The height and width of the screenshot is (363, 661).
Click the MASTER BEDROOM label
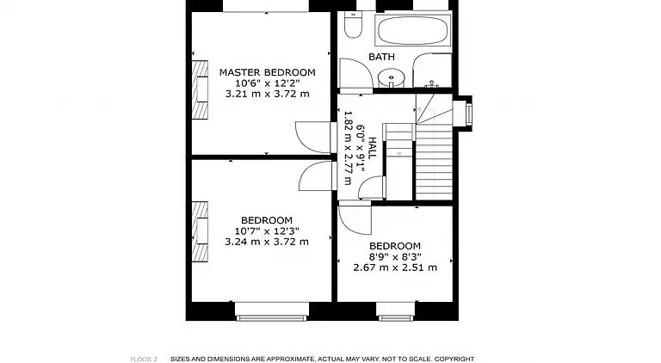(x=267, y=72)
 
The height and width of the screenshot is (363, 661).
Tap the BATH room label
(x=382, y=57)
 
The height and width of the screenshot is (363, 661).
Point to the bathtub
(x=412, y=32)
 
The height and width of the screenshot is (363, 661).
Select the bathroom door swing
(x=355, y=72)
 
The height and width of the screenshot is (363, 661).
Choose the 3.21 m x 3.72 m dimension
(x=267, y=94)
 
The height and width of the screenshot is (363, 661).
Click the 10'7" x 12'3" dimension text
(x=267, y=231)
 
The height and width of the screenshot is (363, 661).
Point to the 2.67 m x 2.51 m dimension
(x=395, y=268)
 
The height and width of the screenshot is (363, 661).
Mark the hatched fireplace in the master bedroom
(x=200, y=90)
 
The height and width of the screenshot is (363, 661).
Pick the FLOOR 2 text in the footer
(x=144, y=359)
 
